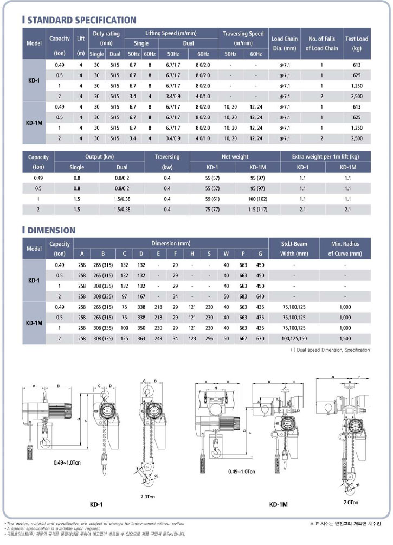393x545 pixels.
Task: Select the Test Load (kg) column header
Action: point(356,43)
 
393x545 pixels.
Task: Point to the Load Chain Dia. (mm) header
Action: point(284,43)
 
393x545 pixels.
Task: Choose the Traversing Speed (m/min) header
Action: point(243,38)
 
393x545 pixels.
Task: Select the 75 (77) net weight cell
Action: point(211,209)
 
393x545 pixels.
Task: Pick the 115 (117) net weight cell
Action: point(257,209)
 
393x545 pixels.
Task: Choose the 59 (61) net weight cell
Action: point(211,199)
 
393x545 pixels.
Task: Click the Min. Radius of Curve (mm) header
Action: point(345,249)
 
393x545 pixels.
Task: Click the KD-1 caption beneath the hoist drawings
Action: point(96,505)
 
